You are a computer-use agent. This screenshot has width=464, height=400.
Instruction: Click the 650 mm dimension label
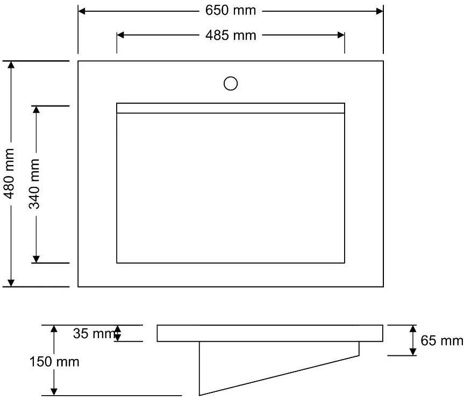[x=231, y=11]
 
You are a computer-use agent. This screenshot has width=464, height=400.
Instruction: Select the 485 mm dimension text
[x=231, y=35]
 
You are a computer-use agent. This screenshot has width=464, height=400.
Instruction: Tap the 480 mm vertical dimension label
[x=9, y=174]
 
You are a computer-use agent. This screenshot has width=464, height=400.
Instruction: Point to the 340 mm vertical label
[x=34, y=184]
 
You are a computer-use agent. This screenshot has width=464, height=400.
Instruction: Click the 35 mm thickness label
[x=94, y=333]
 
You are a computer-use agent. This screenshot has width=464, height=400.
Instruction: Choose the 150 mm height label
[x=54, y=362]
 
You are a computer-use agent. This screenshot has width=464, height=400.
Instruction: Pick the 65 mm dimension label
[x=442, y=340]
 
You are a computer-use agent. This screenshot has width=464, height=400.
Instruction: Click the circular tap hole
[x=231, y=83]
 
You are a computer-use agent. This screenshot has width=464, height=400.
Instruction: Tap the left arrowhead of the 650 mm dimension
[x=82, y=11]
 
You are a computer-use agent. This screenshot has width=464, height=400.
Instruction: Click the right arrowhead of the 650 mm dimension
[x=380, y=11]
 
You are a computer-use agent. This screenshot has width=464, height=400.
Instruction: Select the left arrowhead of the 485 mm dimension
[x=120, y=35]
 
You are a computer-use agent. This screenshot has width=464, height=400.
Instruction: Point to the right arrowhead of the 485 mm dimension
[x=341, y=35]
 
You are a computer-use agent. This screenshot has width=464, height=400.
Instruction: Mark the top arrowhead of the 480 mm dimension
[x=11, y=65]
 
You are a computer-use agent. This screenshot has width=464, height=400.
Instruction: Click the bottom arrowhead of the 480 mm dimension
[x=11, y=283]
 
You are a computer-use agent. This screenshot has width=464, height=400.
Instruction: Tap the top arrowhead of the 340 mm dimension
[x=36, y=109]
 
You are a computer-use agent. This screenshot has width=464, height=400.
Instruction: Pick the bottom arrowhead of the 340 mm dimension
[x=36, y=259]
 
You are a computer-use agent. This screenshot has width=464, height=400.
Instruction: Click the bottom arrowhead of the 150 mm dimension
[x=54, y=392]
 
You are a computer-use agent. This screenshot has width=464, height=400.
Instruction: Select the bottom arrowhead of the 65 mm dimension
[x=413, y=352]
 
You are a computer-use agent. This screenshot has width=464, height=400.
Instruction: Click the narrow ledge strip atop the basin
[x=231, y=108]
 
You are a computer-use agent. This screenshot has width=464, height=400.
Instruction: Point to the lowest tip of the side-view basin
[x=199, y=396]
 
